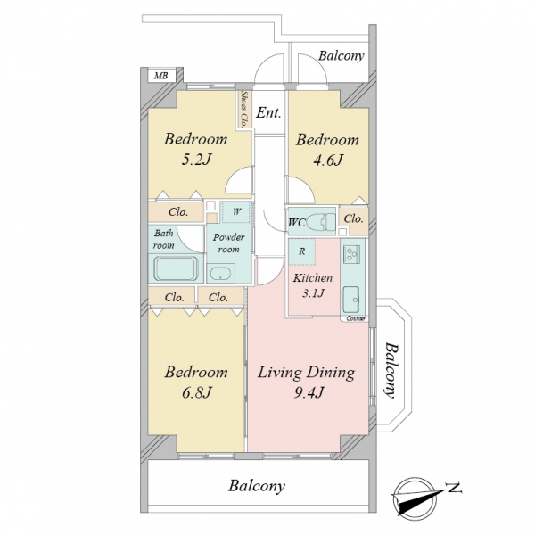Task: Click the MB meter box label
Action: pos(161,76)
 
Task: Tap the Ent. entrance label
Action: pos(269,112)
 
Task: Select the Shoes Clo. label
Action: pos(244,109)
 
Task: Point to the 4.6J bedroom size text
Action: pos(328,160)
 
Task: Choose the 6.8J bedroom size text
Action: pos(197,392)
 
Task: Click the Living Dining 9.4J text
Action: pos(306,382)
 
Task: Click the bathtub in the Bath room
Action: pos(176,268)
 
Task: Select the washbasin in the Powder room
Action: pos(220,274)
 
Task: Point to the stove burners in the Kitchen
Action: pos(351,254)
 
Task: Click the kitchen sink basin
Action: pos(351,300)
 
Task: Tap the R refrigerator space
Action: pos(302,251)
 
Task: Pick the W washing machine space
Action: pos(236,212)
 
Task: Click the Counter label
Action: pos(356,318)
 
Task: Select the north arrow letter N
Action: pos(454,489)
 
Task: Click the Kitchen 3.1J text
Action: pos(313,285)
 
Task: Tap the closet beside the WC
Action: pos(354,220)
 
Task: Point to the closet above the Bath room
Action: pos(176,212)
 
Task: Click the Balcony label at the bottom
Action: pos(257,486)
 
